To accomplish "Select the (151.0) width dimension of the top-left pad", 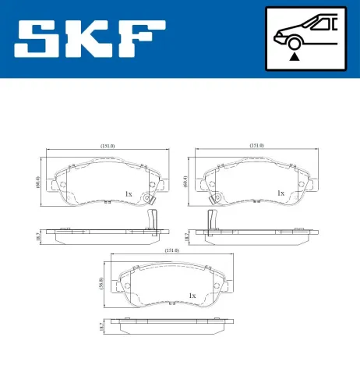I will pos(107,145).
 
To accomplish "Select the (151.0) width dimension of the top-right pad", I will pos(256,145).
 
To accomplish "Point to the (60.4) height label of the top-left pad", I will pos(37,183).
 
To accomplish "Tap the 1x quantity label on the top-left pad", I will pos(129,193).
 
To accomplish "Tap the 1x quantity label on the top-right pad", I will pos(280,193).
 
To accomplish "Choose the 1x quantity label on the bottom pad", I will pos(191,296).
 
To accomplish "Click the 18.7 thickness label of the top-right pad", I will pos(185,235).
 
